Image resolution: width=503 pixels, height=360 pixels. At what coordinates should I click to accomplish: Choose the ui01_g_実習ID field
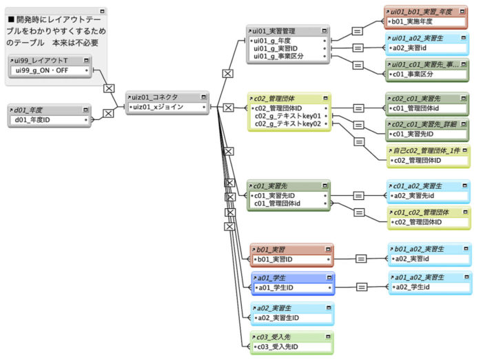(x=276, y=48)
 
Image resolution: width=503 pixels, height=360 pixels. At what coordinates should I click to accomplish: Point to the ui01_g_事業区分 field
(x=278, y=57)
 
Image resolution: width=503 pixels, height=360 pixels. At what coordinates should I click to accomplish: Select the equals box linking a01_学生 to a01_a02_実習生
(x=360, y=286)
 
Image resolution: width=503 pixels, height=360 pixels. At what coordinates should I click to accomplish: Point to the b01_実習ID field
(x=276, y=259)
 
